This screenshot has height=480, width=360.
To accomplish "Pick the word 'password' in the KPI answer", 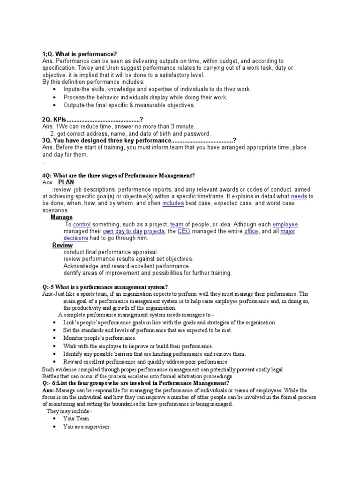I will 197,134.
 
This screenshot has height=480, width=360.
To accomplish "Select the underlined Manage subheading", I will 61,217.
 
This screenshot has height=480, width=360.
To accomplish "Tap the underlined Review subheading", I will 62,245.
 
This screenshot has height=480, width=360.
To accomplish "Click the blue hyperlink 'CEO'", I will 184,232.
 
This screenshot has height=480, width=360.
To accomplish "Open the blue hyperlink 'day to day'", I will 129,232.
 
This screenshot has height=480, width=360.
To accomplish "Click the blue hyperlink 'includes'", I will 173,203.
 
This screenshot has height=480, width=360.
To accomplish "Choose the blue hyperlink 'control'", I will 82,225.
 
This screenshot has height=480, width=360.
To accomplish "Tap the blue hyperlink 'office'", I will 251,232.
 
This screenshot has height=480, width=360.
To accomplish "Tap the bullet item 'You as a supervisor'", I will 86,427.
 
